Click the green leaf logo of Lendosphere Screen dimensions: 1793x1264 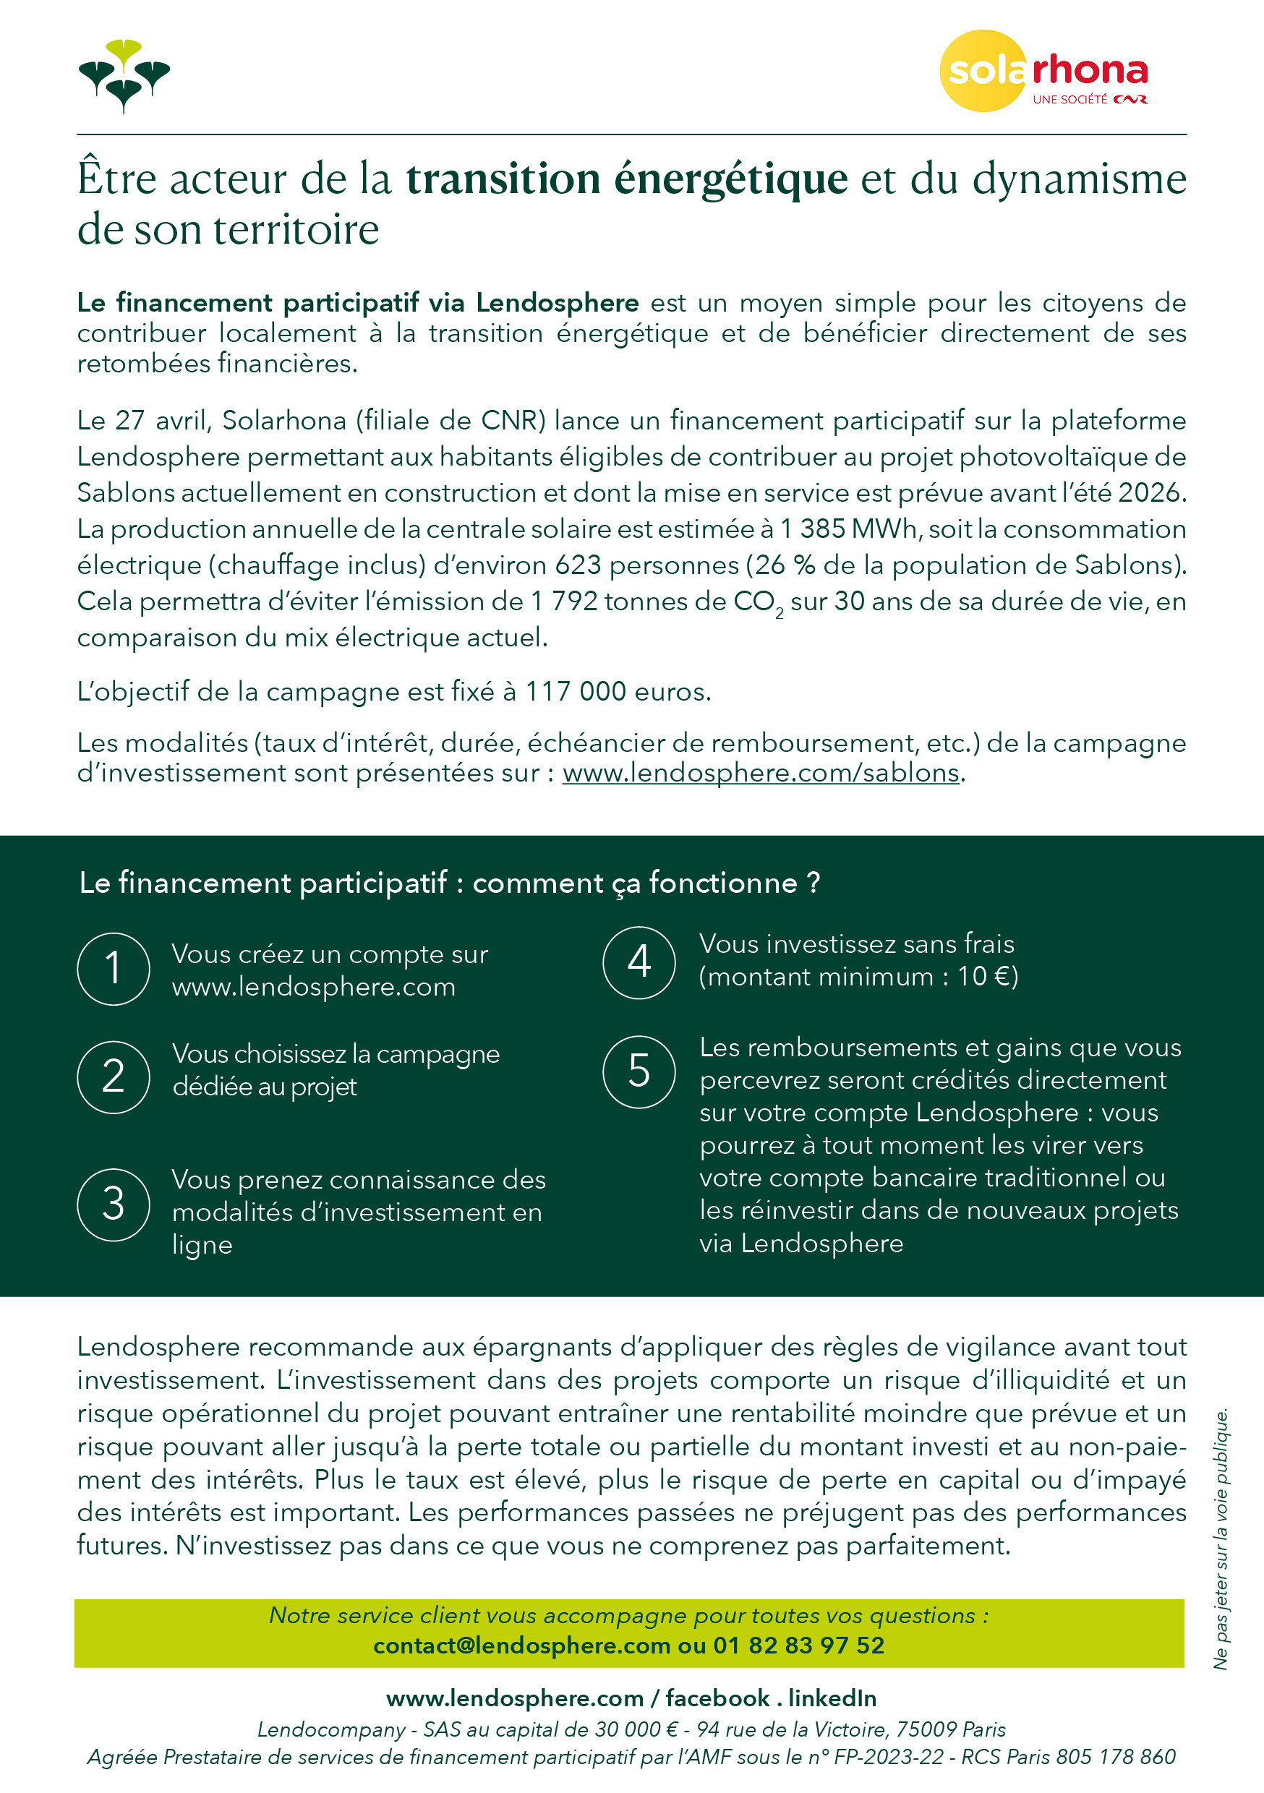[x=124, y=76]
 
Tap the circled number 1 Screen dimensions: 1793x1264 [x=114, y=968]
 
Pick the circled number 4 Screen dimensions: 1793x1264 [x=639, y=962]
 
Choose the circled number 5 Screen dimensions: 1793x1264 [x=639, y=1071]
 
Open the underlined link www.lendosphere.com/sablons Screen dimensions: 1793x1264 [x=760, y=773]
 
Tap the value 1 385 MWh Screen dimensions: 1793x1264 [x=847, y=529]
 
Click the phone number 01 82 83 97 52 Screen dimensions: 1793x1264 [x=798, y=1646]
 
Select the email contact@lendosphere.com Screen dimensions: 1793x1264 [x=521, y=1646]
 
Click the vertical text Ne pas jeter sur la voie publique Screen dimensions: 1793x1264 [x=1221, y=1538]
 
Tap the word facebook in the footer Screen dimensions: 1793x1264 [x=717, y=1698]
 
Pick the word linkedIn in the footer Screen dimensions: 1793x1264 [x=832, y=1698]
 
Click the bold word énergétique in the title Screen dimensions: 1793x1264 [x=730, y=179]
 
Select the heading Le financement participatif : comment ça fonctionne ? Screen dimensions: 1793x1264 [x=449, y=883]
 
